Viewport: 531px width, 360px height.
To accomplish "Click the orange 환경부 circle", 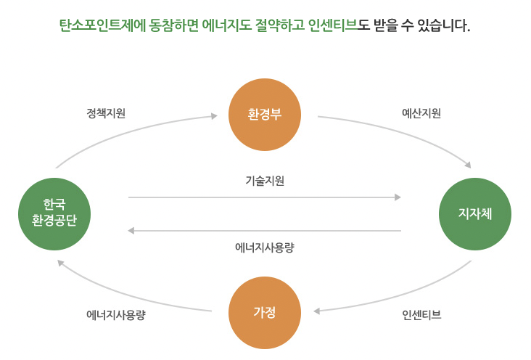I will (x=265, y=115).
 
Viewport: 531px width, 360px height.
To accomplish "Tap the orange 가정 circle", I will (x=265, y=313).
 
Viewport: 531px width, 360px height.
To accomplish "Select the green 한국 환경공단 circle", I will (x=54, y=213).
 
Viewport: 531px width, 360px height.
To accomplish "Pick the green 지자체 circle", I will (x=475, y=213).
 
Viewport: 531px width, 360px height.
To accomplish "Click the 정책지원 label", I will (x=106, y=114).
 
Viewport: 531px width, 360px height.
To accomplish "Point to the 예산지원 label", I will (x=421, y=114).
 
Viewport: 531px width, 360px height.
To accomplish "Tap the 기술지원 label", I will (x=265, y=181).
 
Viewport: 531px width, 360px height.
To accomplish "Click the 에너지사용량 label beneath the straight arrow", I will (x=265, y=247).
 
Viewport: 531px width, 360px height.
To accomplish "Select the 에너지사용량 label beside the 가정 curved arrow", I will (x=116, y=315).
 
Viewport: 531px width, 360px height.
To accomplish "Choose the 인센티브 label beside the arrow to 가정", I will (x=421, y=315).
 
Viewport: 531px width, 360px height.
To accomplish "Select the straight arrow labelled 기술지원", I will (x=265, y=197).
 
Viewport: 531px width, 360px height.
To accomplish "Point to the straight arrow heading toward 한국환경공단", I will (x=265, y=231).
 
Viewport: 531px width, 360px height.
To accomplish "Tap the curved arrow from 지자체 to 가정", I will (x=406, y=297).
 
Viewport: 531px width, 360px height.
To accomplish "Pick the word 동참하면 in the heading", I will (x=168, y=26).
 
